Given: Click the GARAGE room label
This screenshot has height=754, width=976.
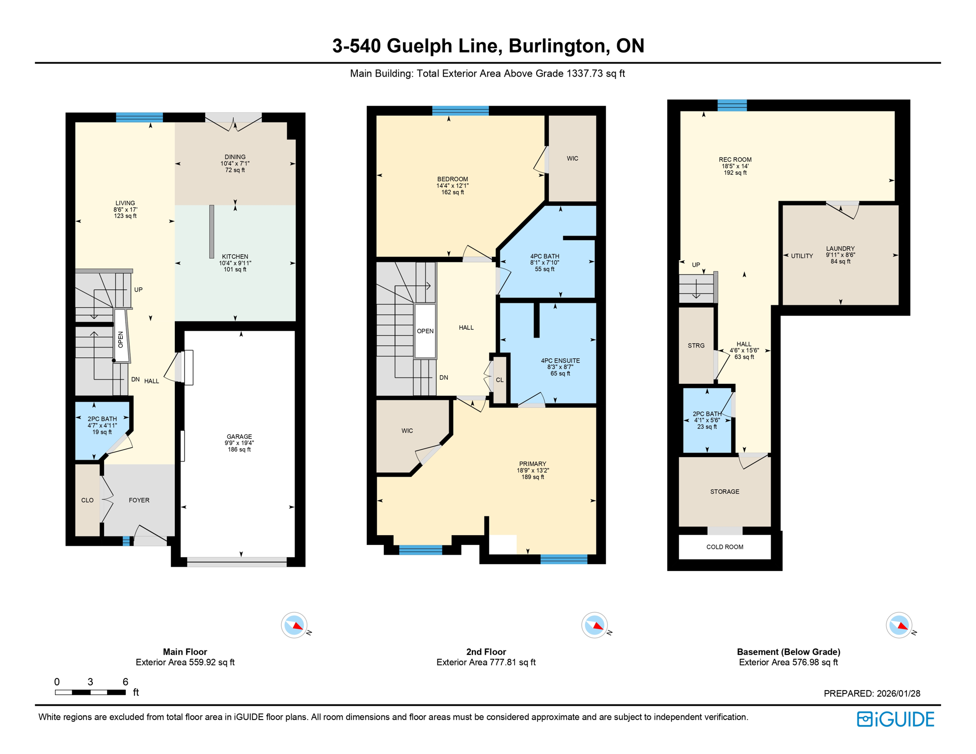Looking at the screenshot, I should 239,436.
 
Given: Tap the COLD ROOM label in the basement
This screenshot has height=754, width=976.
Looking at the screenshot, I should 725,547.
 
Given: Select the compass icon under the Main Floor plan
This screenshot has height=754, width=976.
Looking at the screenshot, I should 294,625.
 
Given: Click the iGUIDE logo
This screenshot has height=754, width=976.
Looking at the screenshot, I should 895,719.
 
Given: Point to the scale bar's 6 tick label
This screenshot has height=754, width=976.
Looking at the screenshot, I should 125,682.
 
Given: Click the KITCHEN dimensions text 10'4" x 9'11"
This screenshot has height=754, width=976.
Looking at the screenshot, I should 235,263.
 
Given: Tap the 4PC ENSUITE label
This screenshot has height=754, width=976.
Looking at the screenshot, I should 560,360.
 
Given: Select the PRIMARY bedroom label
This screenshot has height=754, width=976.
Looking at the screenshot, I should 533,464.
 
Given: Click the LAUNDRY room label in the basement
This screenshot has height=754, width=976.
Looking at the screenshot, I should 840,248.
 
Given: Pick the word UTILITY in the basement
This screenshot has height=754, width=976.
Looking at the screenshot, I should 802,256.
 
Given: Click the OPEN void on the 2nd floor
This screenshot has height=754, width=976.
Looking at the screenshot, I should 425,331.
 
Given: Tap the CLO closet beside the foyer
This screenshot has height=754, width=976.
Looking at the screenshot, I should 87,500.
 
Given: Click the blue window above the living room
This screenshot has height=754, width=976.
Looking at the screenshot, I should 139,117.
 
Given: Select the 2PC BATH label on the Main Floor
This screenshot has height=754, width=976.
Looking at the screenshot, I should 102,419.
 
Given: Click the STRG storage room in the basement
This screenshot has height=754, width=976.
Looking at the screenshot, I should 696,346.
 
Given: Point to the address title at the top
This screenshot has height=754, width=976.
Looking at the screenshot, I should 488,46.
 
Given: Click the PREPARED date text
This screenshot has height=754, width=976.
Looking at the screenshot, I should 871,693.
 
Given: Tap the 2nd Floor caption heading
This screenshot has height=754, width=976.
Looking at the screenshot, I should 486,652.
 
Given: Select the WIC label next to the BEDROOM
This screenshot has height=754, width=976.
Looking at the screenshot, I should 572,159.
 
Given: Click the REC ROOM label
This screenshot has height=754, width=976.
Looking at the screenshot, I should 735,160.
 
